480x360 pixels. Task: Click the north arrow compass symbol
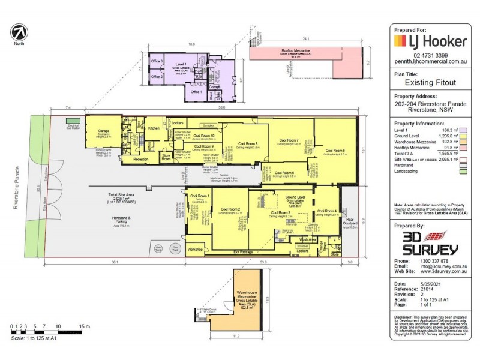tap(20, 32)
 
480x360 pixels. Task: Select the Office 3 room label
tap(157, 62)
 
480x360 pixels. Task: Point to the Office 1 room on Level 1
tap(195, 92)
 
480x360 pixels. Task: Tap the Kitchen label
tap(154, 128)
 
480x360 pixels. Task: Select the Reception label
tap(140, 160)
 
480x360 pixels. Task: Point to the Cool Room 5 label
tap(335, 150)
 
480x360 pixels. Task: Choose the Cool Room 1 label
tap(199, 197)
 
